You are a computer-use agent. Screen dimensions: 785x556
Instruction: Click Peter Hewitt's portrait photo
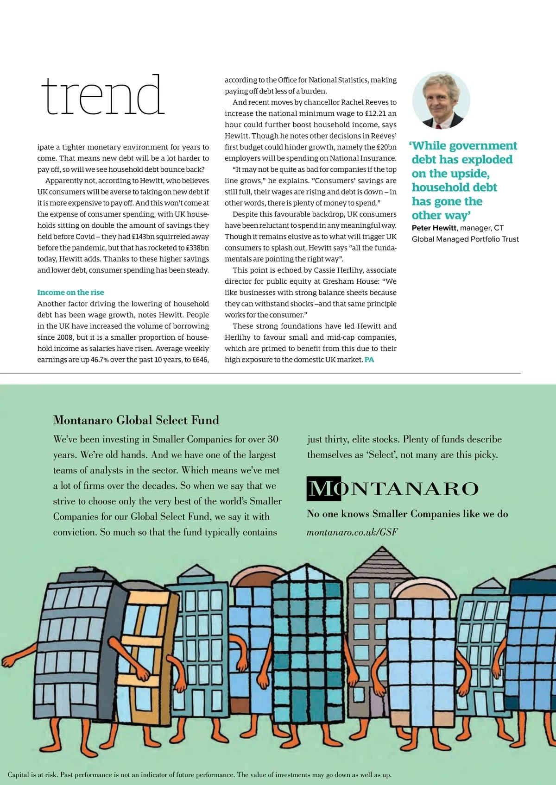pos(441,100)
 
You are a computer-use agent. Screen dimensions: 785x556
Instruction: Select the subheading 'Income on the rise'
pos(70,293)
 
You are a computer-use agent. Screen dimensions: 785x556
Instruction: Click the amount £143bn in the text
pos(144,237)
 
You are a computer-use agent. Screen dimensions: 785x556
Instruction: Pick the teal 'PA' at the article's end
pos(369,360)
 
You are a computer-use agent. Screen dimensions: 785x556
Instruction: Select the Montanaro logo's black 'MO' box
pos(324,489)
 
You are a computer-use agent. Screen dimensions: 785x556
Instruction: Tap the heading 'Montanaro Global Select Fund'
pos(136,420)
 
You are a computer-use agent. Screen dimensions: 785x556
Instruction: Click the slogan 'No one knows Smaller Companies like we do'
pos(407,514)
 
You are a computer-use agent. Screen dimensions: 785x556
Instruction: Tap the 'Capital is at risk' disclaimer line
pos(199,774)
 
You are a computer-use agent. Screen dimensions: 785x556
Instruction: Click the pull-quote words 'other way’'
pos(441,216)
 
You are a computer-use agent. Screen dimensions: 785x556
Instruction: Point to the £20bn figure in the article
pos(386,147)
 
